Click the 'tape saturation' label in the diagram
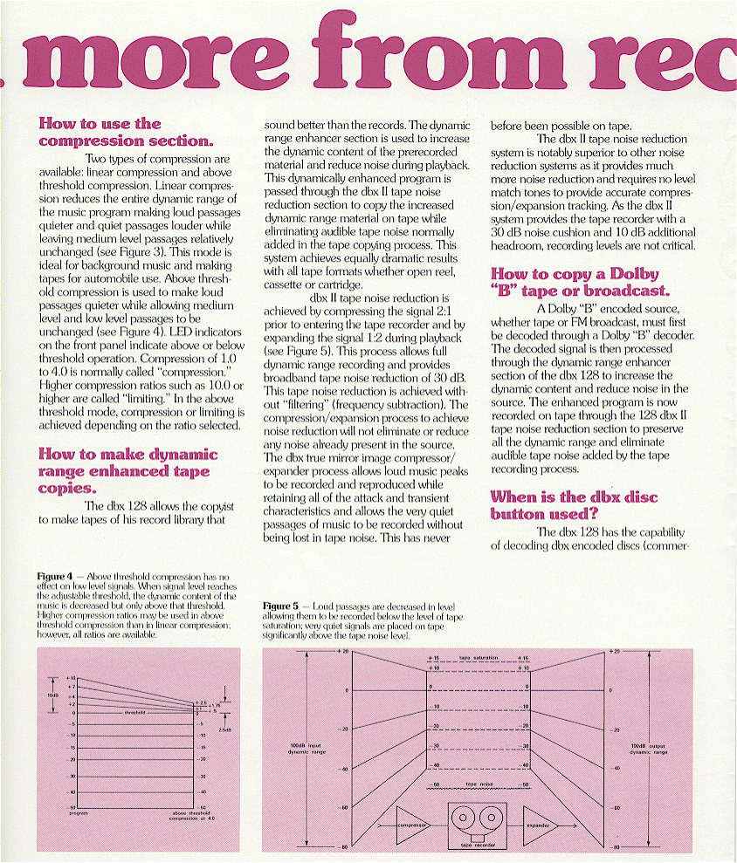click(477, 658)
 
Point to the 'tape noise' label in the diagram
click(478, 784)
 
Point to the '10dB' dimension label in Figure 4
click(52, 695)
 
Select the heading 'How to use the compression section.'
click(100, 132)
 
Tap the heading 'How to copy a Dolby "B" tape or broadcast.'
click(579, 282)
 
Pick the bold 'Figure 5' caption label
click(279, 606)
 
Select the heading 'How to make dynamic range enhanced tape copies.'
click(127, 470)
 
